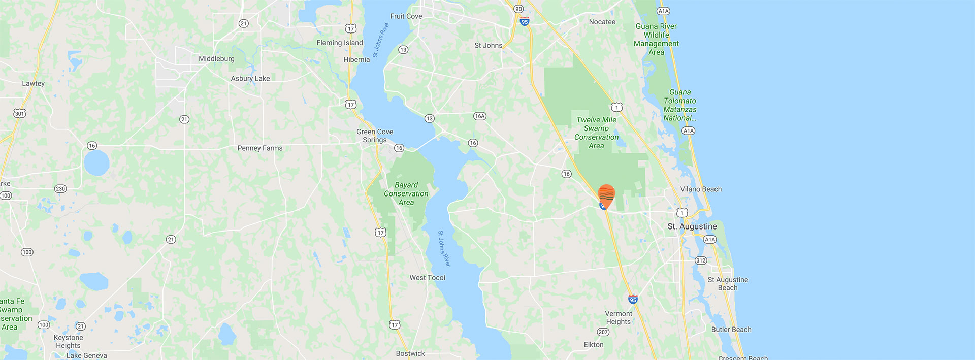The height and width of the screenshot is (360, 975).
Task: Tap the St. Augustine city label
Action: pos(692,226)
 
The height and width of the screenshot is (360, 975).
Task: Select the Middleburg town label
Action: pos(216,59)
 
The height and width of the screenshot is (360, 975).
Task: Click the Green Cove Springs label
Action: pos(375,136)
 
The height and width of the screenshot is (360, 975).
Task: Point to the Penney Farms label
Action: pos(259,148)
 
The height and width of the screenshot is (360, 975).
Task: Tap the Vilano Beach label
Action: pos(700,189)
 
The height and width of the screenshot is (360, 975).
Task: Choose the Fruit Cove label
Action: pos(406,16)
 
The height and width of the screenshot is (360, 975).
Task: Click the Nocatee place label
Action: pos(602,22)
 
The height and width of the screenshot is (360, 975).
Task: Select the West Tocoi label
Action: pos(427,278)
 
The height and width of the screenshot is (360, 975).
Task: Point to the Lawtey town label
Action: pos(33,84)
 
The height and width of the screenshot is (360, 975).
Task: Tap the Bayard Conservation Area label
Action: pos(406,193)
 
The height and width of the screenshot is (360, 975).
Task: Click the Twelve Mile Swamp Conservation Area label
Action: pos(596,133)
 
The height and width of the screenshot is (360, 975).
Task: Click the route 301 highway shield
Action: pos(19,113)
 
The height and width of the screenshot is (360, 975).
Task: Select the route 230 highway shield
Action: pos(60,189)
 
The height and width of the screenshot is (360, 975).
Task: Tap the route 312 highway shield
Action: pos(701,260)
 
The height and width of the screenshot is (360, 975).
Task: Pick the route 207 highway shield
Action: pos(603,332)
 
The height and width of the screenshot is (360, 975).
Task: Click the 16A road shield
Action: pos(479,116)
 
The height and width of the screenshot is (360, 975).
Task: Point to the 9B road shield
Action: pos(518,9)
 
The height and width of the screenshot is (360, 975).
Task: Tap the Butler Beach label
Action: pos(731,330)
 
